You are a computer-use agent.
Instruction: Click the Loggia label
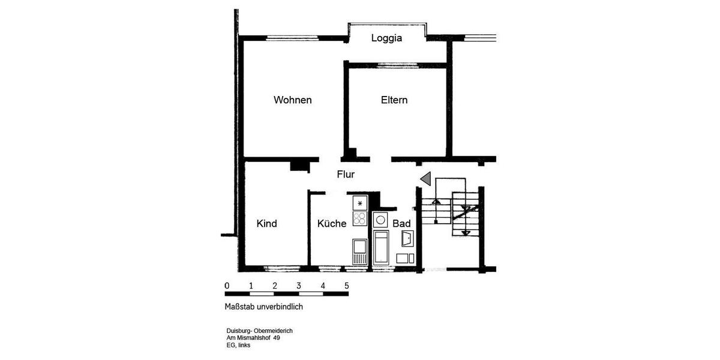point(386,38)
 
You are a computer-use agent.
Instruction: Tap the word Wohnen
point(293,100)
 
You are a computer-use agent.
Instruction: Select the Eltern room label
point(394,100)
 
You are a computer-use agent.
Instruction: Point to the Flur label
point(346,175)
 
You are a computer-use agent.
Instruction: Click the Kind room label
point(266,224)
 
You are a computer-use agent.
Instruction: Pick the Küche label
point(332,224)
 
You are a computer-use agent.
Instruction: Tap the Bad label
point(401,224)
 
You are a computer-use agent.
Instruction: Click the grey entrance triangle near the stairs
point(426,178)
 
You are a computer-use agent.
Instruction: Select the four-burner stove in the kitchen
point(359,218)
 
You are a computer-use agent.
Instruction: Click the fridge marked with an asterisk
point(359,203)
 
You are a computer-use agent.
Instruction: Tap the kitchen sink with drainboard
point(359,251)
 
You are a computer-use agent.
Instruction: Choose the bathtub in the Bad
point(381,246)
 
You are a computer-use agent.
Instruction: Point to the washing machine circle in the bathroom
point(381,220)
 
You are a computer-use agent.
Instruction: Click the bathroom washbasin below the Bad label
point(407,238)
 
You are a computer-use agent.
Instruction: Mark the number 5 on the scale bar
point(347,285)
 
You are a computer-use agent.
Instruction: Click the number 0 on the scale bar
point(227,285)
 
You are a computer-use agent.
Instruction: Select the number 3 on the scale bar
point(299,285)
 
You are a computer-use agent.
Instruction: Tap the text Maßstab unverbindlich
point(264,307)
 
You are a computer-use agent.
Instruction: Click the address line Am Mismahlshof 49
point(253,338)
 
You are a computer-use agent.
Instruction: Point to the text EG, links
point(239,345)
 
